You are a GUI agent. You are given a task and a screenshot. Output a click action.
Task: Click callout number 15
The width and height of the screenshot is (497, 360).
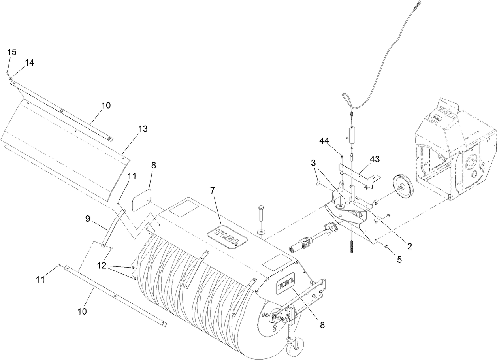12,52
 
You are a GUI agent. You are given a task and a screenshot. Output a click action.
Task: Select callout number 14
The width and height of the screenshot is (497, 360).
30,62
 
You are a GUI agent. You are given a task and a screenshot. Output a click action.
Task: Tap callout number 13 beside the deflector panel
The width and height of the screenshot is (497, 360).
143,129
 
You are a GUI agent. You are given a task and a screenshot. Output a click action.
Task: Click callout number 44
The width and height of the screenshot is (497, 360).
325,141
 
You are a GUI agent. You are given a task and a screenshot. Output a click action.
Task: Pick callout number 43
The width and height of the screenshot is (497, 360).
375,159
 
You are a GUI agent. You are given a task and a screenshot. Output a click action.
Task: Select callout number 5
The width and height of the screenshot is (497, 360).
400,260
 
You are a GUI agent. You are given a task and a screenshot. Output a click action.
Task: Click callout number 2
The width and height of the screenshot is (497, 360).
410,246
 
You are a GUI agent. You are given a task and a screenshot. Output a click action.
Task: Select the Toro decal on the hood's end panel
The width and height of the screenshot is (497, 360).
285,285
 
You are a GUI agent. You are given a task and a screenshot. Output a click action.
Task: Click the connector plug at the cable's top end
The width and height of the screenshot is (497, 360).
418,6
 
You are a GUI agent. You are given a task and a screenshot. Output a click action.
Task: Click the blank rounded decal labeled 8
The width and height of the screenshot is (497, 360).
141,201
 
